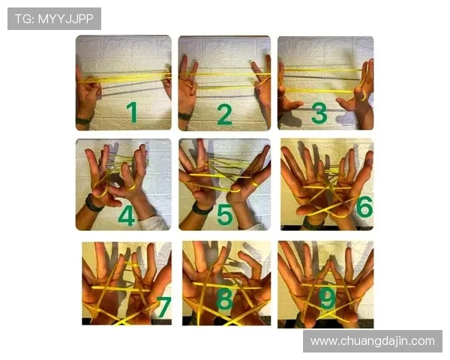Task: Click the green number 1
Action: (132, 112)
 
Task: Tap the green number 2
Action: (224, 114)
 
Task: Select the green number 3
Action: (319, 112)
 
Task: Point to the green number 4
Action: (127, 215)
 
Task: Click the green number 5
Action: (224, 214)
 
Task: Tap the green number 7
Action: (163, 307)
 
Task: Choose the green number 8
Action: (224, 298)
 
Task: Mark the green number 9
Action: (328, 298)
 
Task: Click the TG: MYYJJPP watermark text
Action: (54, 19)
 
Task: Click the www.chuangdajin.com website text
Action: (373, 341)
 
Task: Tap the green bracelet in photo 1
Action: (84, 120)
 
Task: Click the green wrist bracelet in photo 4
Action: (93, 203)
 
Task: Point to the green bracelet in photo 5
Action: (202, 208)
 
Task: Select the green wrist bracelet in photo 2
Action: (185, 116)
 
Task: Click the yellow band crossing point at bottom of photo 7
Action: (122, 321)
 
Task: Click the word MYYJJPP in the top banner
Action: (66, 19)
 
